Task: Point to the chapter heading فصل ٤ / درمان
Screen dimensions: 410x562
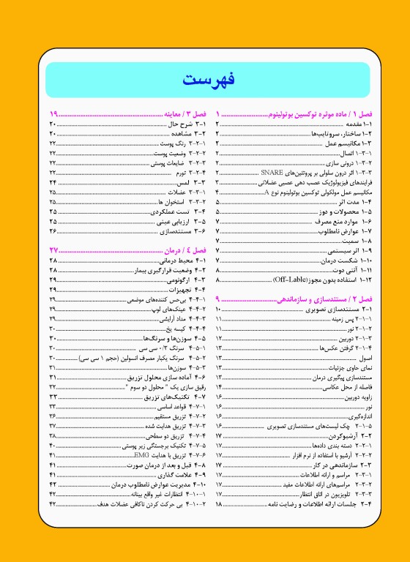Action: coord(176,251)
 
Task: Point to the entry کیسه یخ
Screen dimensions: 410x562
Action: coord(176,329)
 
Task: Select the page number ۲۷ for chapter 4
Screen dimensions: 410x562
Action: coord(53,251)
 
